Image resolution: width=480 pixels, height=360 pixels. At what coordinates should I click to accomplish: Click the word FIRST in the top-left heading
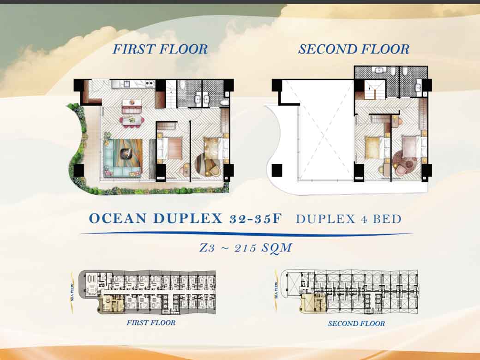coord(132,49)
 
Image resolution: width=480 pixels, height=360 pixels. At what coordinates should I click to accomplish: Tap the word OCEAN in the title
coord(118,219)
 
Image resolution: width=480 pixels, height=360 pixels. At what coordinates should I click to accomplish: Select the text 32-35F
coord(255,219)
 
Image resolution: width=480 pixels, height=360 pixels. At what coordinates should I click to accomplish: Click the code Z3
coord(207,248)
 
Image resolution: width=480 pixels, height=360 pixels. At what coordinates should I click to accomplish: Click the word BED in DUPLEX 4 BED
coord(387,219)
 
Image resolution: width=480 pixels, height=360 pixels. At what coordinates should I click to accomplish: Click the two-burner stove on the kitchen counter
coord(149,84)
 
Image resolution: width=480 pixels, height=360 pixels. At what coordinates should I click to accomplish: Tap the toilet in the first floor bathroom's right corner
coord(224,102)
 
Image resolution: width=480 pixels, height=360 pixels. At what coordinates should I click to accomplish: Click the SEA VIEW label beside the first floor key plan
coord(72,292)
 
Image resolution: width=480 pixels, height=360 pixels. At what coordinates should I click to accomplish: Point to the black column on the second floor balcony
coord(277,170)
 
